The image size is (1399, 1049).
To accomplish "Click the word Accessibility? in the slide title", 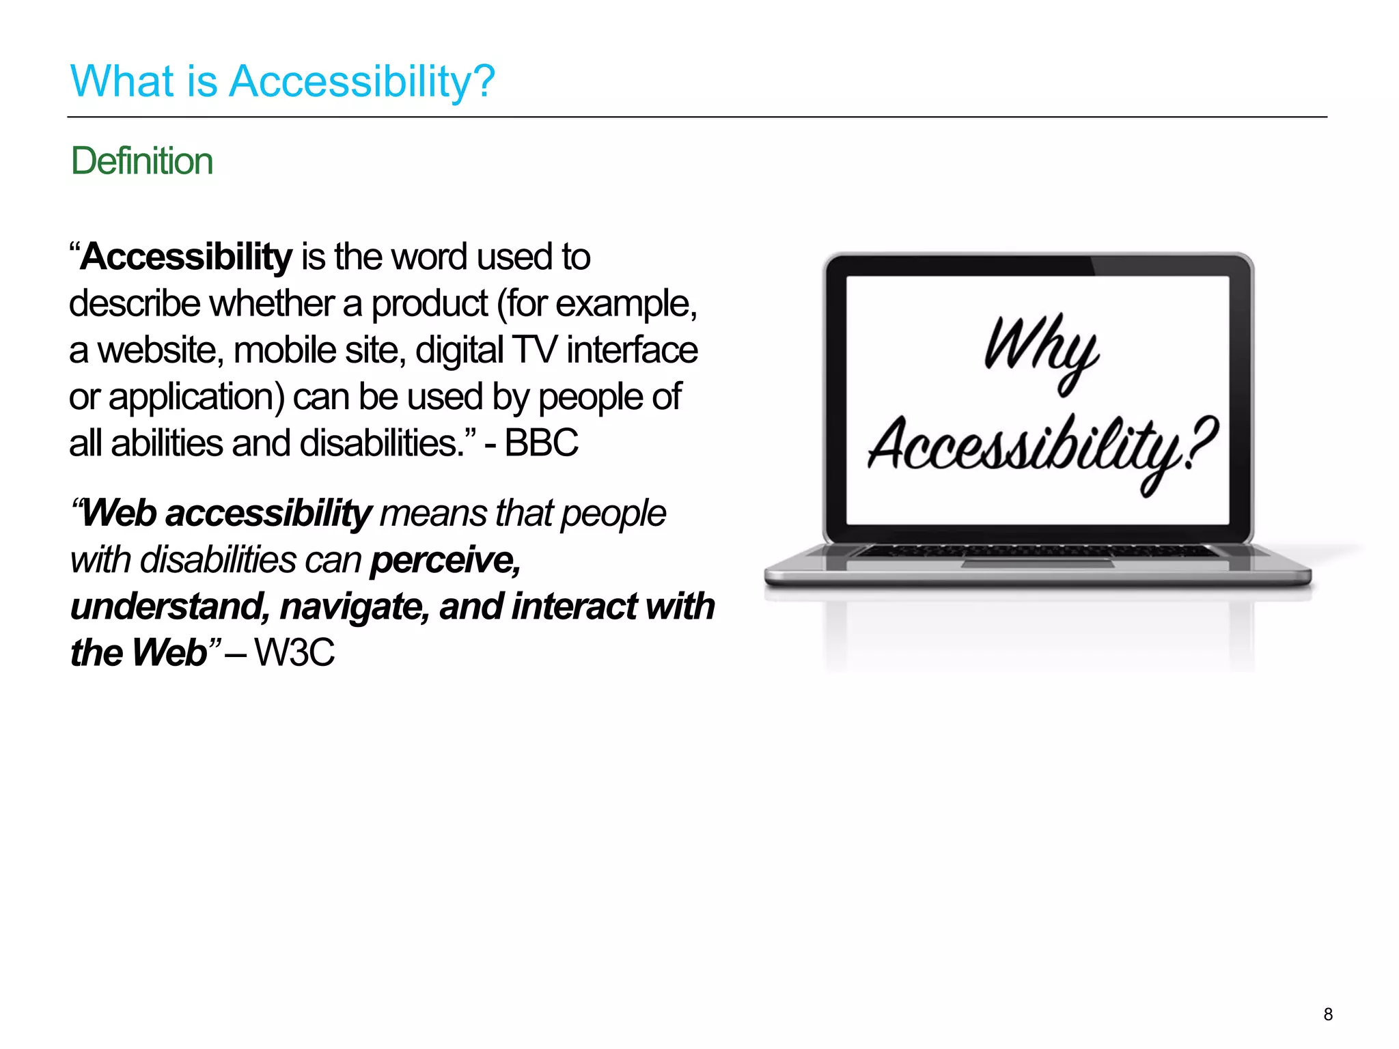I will coord(361,81).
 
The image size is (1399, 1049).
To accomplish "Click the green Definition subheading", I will coord(141,161).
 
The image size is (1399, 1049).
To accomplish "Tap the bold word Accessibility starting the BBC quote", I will coord(186,257).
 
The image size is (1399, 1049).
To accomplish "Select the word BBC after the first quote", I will coord(541,443).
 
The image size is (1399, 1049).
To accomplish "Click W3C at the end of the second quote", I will coord(294,652).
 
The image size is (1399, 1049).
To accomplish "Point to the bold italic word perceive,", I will coord(445,561).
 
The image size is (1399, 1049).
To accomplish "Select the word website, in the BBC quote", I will coord(161,350).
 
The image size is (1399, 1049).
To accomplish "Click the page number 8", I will coord(1327,1014).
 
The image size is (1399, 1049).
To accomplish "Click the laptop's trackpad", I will coord(1038,563).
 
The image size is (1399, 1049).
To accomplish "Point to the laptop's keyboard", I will coord(1038,551).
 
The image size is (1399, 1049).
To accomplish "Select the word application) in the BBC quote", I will coord(196,397).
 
